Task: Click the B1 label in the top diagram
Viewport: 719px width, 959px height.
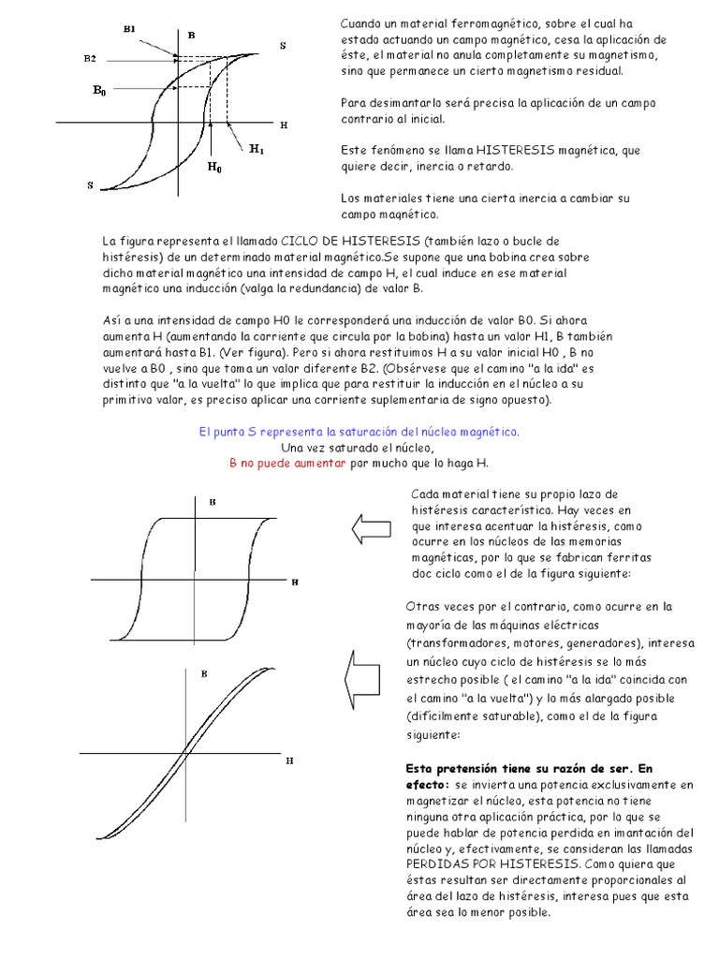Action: pyautogui.click(x=130, y=29)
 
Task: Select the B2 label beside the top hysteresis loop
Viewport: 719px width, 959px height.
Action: pyautogui.click(x=89, y=58)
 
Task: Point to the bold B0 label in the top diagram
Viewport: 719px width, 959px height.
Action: pyautogui.click(x=98, y=91)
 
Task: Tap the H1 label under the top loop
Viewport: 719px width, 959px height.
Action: pyautogui.click(x=257, y=148)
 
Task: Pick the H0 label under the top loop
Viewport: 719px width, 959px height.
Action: pyautogui.click(x=214, y=169)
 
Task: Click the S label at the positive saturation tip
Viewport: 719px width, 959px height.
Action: pyautogui.click(x=284, y=45)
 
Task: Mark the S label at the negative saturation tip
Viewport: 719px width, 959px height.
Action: pyautogui.click(x=91, y=185)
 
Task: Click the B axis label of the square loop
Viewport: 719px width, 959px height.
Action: pyautogui.click(x=213, y=502)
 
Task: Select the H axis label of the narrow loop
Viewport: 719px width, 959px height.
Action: pyautogui.click(x=289, y=760)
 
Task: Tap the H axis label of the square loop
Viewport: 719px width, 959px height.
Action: pyautogui.click(x=294, y=582)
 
